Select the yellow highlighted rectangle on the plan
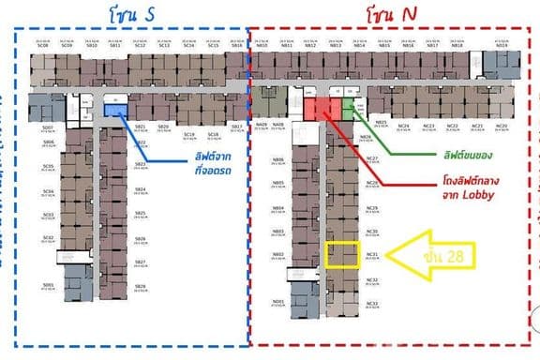tap(341, 255)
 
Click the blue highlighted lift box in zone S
tap(116, 110)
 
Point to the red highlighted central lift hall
tap(318, 107)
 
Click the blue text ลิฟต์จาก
tap(194, 157)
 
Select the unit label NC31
tap(372, 254)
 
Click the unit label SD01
tap(48, 284)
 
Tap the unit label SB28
tap(141, 285)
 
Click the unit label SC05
tap(48, 167)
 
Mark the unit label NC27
tap(372, 158)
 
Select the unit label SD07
tap(48, 126)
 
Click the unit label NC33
tap(372, 304)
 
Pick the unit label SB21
tap(141, 126)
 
